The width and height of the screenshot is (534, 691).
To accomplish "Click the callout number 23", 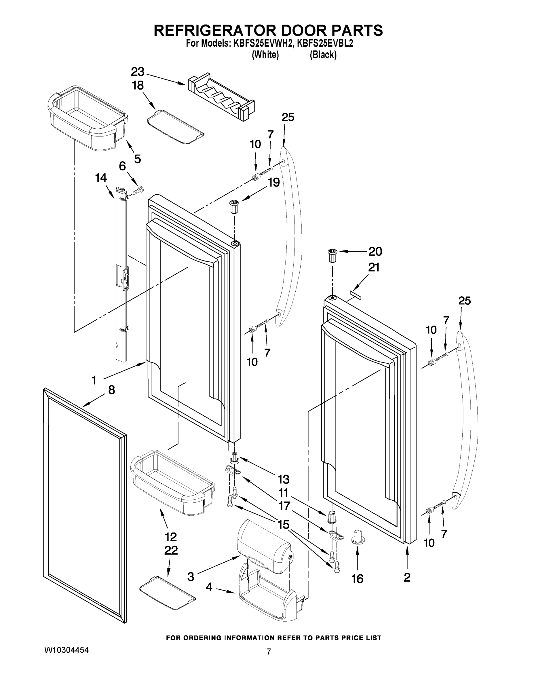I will [x=138, y=72].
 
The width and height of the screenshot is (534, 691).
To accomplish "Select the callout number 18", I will [x=138, y=86].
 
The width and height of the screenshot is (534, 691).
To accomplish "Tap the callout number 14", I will [x=101, y=178].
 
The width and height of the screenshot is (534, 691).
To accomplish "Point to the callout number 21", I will [x=374, y=268].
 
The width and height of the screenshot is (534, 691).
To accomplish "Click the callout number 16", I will [x=358, y=579].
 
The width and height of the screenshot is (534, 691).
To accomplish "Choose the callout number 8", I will [x=111, y=390].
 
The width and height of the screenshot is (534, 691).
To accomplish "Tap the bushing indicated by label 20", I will [x=332, y=255].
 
